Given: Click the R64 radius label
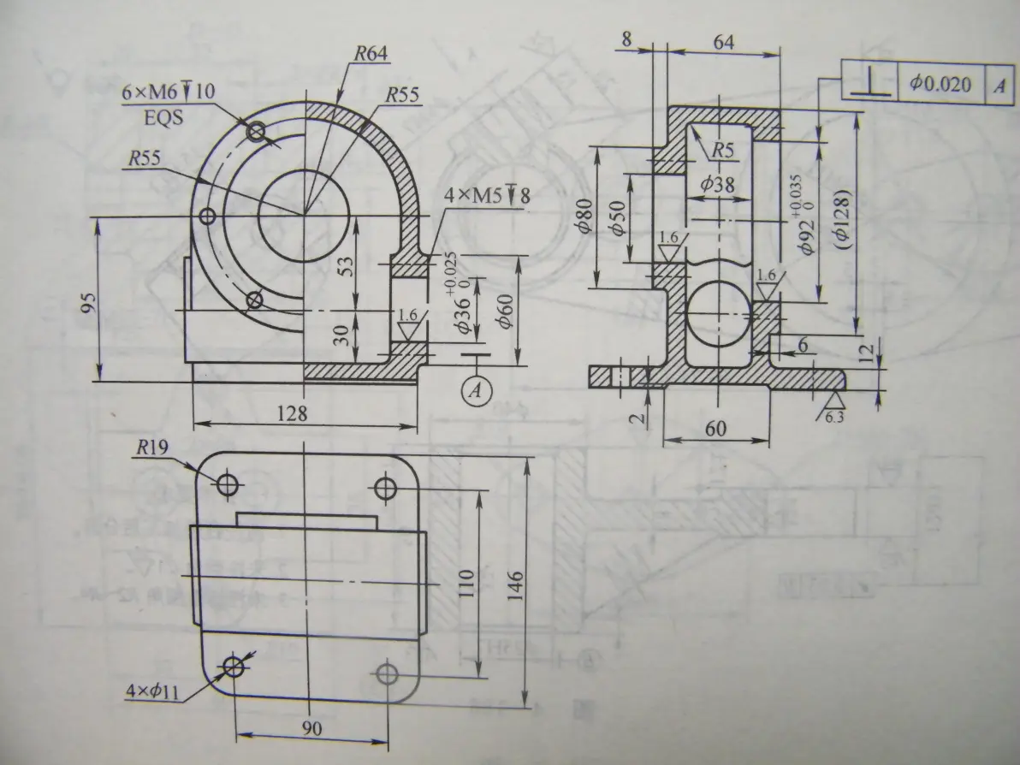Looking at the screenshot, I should [371, 53].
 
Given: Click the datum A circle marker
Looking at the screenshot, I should [477, 390].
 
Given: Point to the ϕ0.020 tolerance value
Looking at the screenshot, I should [941, 84].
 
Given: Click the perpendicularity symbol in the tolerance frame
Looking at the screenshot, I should [871, 84].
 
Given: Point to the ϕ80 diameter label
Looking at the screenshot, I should [583, 216].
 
